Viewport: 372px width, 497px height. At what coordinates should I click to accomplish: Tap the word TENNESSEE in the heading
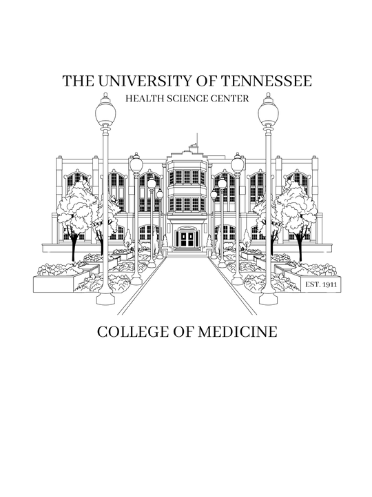266,81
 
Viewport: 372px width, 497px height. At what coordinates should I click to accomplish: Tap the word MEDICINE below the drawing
238,332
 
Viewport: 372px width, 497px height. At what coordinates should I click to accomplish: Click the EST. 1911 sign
321,284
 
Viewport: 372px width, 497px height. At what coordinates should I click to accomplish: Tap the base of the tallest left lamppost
105,298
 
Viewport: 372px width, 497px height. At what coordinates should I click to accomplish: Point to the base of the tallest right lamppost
268,298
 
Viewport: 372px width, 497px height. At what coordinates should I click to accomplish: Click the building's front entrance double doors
187,240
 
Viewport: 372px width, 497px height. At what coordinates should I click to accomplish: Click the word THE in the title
78,81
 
